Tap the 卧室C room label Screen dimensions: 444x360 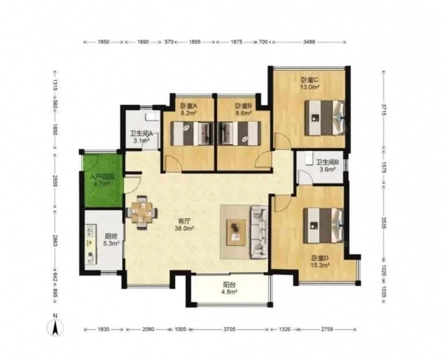[x=309, y=80]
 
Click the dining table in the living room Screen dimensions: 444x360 [x=142, y=212]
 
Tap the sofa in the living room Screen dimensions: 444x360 [x=259, y=232]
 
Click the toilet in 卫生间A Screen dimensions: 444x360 [x=153, y=117]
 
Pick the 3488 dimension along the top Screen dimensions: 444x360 [x=309, y=42]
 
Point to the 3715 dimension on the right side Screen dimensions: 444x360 [x=384, y=110]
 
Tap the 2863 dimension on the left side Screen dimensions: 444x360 [x=55, y=241]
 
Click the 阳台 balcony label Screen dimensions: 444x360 [x=229, y=285]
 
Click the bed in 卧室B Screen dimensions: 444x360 [x=241, y=134]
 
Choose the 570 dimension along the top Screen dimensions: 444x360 [x=169, y=42]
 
